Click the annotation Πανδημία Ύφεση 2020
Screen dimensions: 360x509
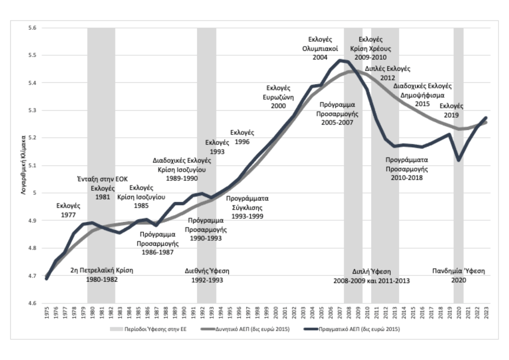tap(458, 276)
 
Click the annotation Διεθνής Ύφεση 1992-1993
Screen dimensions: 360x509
tap(207, 275)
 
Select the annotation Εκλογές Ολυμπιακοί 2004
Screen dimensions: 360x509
tap(320, 48)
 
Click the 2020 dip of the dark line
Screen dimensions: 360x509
tap(458, 160)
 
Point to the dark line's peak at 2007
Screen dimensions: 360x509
tap(340, 60)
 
